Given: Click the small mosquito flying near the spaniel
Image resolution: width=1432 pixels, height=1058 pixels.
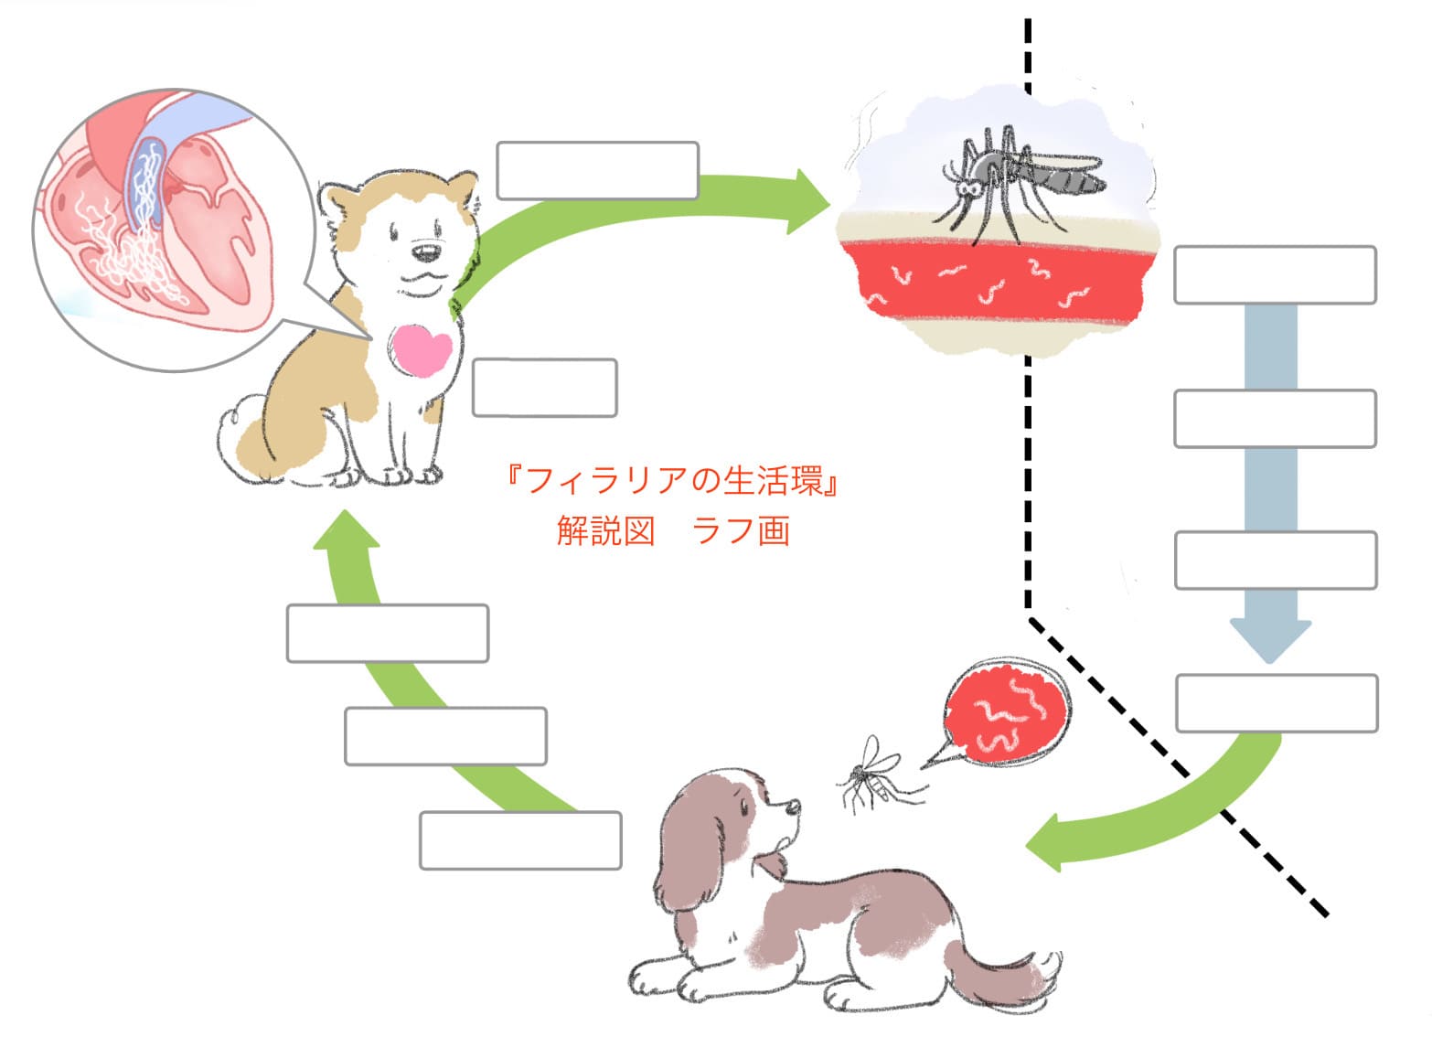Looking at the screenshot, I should pyautogui.click(x=870, y=774).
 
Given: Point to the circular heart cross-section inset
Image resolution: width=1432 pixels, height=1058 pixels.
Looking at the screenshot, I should pyautogui.click(x=155, y=229).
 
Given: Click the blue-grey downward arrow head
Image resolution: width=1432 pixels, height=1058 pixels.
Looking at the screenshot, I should pyautogui.click(x=1270, y=639).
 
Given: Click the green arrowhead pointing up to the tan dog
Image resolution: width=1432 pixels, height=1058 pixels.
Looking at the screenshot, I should pyautogui.click(x=347, y=530).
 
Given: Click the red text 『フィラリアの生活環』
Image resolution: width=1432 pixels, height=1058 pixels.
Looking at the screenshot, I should pyautogui.click(x=672, y=481).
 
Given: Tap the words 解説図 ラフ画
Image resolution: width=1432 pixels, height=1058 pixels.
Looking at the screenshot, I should pyautogui.click(x=672, y=530).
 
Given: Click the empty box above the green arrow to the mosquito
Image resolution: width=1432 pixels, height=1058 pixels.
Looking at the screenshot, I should pyautogui.click(x=597, y=170).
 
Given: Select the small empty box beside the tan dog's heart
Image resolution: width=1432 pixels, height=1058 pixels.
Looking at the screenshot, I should pyautogui.click(x=544, y=388).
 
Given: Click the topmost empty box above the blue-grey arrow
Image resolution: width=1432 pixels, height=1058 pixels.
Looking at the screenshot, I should pyautogui.click(x=1275, y=274).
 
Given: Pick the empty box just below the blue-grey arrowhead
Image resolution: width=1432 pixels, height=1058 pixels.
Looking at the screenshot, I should pyautogui.click(x=1277, y=703).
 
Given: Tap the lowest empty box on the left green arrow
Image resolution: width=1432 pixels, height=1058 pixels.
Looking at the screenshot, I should pyautogui.click(x=520, y=840).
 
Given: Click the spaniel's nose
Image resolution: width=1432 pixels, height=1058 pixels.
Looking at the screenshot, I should pyautogui.click(x=795, y=808).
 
